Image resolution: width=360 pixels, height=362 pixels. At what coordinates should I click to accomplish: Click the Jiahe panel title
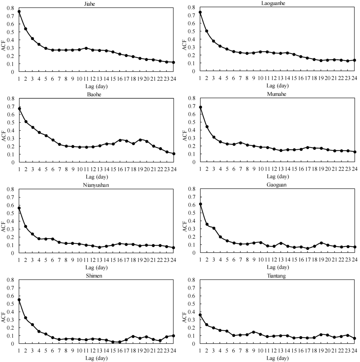[x=96, y=4]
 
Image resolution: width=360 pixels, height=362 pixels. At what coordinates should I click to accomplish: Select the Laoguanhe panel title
[x=277, y=3]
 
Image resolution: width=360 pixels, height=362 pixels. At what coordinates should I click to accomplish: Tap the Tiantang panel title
[x=277, y=275]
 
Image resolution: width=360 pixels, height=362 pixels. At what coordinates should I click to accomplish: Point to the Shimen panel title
[x=96, y=275]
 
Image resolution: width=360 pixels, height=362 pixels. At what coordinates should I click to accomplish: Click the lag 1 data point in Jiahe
[x=19, y=12]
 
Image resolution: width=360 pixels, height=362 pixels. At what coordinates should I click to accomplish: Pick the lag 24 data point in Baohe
[x=173, y=154]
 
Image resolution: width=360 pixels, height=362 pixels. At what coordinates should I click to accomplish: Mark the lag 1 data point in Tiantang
[x=200, y=315]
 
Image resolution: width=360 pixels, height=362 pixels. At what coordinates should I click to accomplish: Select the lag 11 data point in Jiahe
[x=86, y=48]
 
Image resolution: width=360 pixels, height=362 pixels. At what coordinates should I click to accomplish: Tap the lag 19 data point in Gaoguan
[x=321, y=243]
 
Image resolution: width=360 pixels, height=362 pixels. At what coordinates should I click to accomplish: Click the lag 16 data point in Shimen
[x=120, y=342]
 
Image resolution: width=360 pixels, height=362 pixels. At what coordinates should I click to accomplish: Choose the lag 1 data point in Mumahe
[x=200, y=107]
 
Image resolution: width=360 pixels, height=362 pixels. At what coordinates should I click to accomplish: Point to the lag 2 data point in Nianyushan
[x=26, y=227]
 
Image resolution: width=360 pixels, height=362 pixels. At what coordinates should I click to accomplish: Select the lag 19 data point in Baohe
[x=140, y=140]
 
